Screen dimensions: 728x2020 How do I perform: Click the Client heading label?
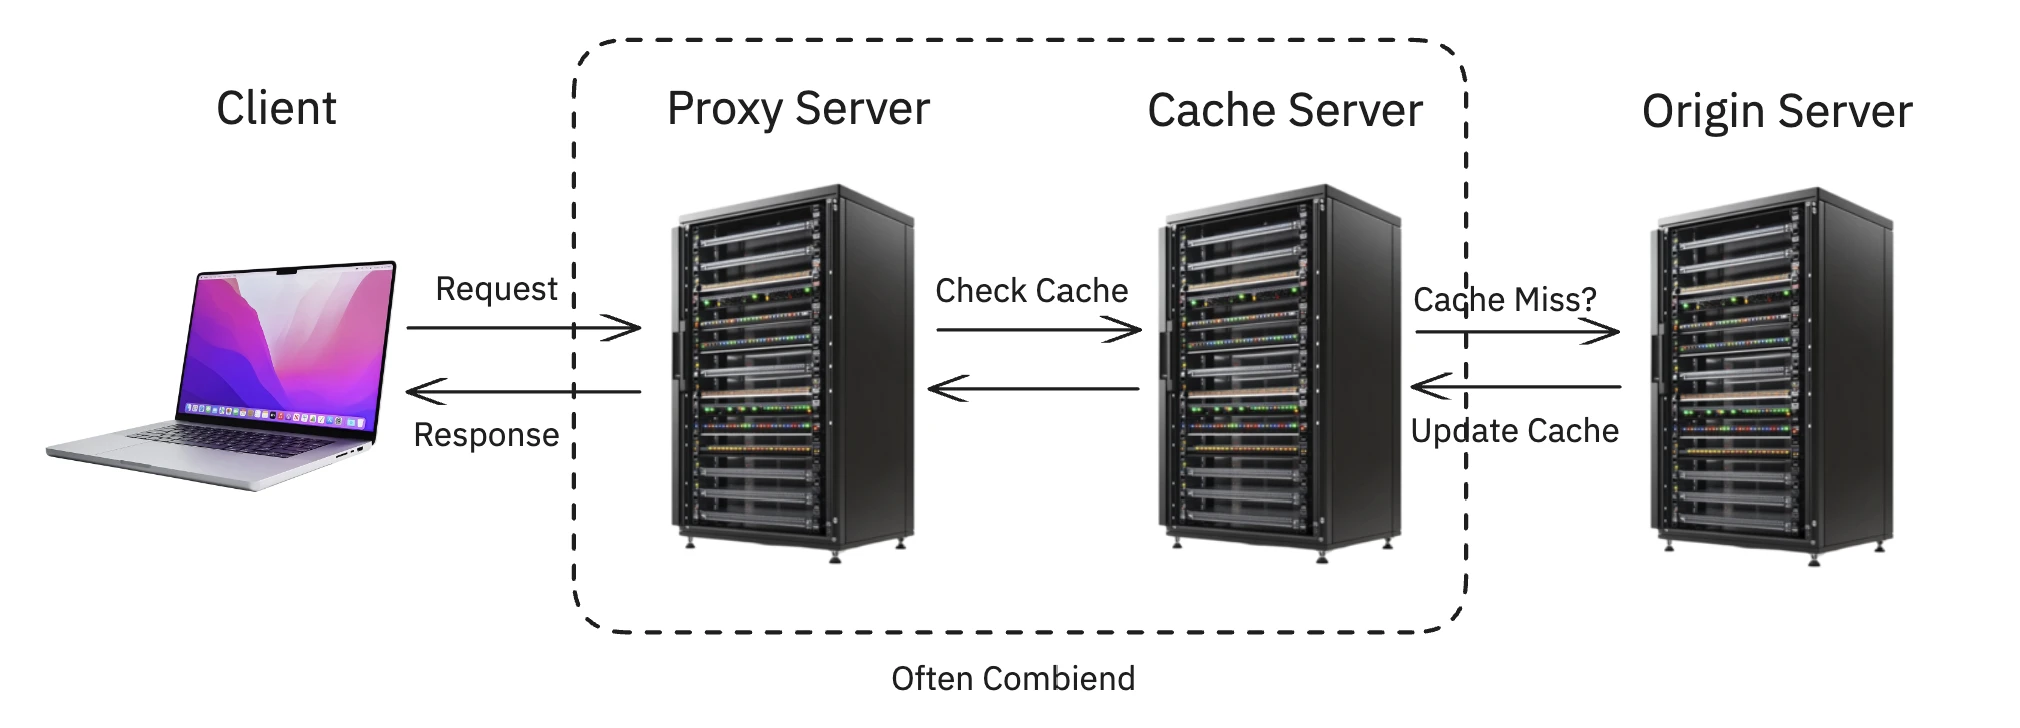276,108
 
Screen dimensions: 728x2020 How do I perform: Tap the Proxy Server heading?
798,108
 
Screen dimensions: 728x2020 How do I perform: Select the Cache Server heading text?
1284,110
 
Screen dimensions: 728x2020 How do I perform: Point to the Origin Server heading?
1776,111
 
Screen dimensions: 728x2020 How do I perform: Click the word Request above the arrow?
496,289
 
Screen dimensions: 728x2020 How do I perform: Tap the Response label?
486,435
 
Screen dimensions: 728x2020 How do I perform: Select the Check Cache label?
1031,291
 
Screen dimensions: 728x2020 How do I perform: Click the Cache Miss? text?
1504,299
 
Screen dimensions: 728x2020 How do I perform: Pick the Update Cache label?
1514,431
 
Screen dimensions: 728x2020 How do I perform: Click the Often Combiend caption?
1013,679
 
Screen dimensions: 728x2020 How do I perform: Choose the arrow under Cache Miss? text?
1516,332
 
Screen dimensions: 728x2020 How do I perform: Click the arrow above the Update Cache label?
1515,386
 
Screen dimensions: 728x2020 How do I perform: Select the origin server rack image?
1771,375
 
